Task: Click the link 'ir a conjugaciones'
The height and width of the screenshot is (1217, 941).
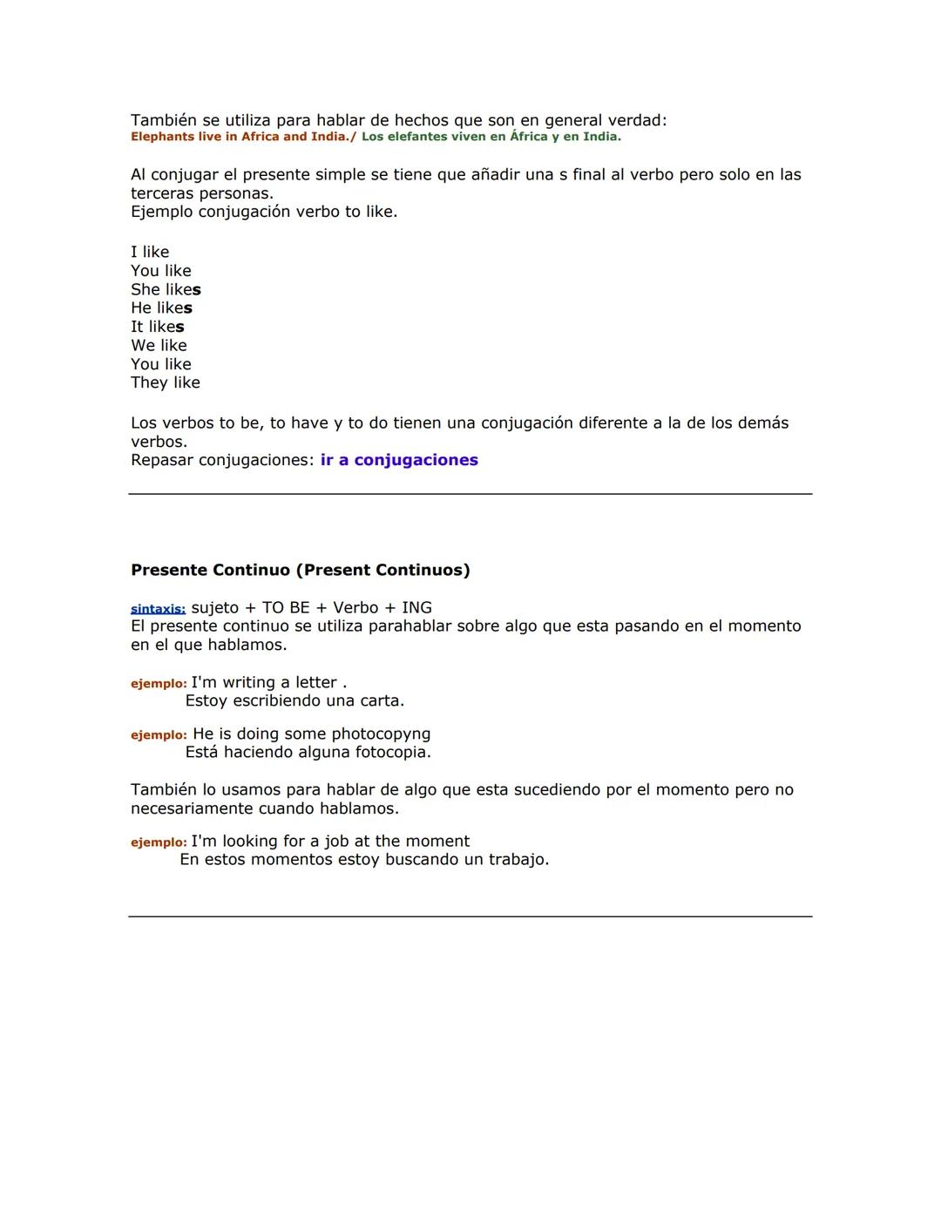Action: tap(399, 460)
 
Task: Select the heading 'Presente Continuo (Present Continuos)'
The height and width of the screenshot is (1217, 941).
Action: tap(300, 570)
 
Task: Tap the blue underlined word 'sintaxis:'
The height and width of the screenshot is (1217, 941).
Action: tap(158, 609)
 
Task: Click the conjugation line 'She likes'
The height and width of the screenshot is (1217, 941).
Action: tap(166, 289)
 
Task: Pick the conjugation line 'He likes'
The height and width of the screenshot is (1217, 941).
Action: tap(161, 308)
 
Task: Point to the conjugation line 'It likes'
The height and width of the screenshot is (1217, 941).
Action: tap(158, 327)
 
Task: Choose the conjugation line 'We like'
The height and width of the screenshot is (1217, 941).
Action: tap(159, 345)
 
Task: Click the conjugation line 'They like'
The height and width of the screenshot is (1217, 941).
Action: tap(166, 382)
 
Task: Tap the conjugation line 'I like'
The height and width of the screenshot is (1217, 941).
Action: tap(150, 252)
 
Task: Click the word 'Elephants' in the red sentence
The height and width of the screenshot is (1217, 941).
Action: tap(163, 137)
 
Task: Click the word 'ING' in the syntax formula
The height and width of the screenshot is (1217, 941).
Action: tap(416, 607)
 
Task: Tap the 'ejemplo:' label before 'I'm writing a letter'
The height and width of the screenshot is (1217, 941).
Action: tap(159, 684)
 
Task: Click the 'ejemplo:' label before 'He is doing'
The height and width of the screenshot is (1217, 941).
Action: tap(159, 735)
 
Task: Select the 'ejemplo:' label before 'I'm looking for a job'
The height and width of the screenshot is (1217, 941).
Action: tap(159, 842)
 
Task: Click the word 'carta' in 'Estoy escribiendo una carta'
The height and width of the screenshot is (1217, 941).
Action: tap(379, 700)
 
